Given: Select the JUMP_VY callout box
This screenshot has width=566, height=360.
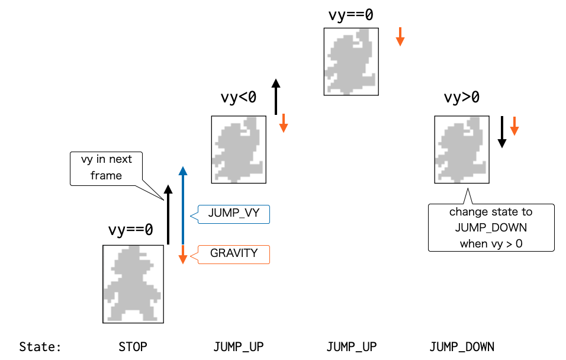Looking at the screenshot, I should [233, 214].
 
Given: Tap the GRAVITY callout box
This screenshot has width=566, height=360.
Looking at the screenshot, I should [233, 253].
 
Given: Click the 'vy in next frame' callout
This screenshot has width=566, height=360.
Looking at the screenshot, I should [107, 168].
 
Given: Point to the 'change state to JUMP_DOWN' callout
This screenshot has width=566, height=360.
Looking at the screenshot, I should [491, 228].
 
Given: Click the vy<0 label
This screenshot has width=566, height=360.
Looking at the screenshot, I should [239, 98].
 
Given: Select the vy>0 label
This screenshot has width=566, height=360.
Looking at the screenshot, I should [462, 98].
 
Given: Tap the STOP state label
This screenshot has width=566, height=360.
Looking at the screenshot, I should [133, 346].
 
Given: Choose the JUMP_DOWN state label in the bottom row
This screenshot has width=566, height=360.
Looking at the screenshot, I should [462, 346].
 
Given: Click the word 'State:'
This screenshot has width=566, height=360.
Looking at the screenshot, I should [40, 346].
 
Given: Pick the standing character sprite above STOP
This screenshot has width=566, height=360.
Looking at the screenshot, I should [133, 284].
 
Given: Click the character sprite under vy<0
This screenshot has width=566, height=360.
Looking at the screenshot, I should [239, 149].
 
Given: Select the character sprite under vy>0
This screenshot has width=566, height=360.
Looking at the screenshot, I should [462, 149].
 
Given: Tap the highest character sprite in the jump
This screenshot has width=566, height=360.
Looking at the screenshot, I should [351, 62].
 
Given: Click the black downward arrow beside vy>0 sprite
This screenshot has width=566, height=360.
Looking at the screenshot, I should [502, 131].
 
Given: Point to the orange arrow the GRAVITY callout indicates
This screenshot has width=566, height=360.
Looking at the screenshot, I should [183, 255].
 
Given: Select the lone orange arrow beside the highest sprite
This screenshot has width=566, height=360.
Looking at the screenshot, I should [400, 36].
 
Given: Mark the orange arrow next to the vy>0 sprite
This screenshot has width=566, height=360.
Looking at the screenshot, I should [514, 126].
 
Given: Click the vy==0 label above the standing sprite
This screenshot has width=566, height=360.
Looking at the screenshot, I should [130, 229].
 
